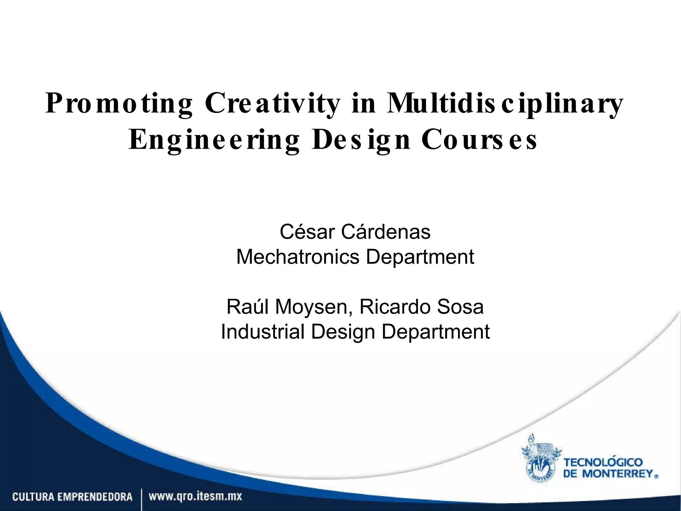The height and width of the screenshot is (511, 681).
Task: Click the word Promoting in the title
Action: coord(119,104)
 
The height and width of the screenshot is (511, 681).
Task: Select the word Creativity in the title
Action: coord(273,104)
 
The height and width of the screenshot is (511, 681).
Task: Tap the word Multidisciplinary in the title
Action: coord(504,104)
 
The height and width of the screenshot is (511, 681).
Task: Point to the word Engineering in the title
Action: coord(214,140)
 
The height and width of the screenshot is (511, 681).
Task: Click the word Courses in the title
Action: coord(479,140)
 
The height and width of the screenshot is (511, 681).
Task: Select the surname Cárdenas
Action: coord(386,232)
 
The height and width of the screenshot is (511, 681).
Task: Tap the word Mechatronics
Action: coord(298,257)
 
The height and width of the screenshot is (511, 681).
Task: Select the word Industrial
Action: coord(263,332)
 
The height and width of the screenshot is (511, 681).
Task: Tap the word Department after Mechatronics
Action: coord(420,257)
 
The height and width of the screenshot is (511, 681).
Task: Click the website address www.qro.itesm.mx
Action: coord(196,497)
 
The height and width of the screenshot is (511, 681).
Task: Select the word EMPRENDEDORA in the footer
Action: coord(95,497)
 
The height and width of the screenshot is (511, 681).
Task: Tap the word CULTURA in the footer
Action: coord(33,497)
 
